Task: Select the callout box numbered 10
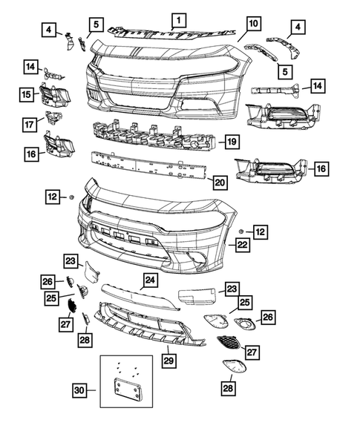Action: coord(252,24)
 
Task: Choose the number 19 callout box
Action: coord(231,141)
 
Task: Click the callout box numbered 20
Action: coord(219,180)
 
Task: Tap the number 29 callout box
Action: coord(169,360)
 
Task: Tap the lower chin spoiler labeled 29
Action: coord(148,330)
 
